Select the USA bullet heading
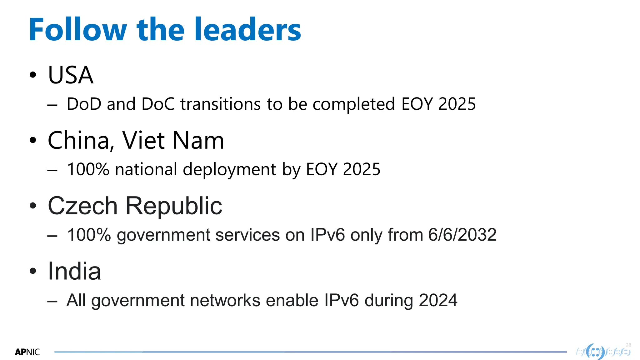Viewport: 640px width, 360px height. click(71, 75)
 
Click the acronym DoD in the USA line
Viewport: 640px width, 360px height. click(84, 104)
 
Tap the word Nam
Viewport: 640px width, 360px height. click(198, 141)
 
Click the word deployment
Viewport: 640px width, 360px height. click(229, 170)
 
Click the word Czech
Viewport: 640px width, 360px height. click(82, 206)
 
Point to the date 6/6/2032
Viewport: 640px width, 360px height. click(462, 235)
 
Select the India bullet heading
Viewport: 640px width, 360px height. click(74, 271)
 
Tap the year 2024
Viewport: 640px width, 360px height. click(438, 300)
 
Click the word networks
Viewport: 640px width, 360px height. click(225, 300)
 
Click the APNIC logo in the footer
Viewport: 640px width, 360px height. click(27, 352)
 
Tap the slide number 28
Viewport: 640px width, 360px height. click(628, 345)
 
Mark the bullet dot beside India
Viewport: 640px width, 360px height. click(33, 271)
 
